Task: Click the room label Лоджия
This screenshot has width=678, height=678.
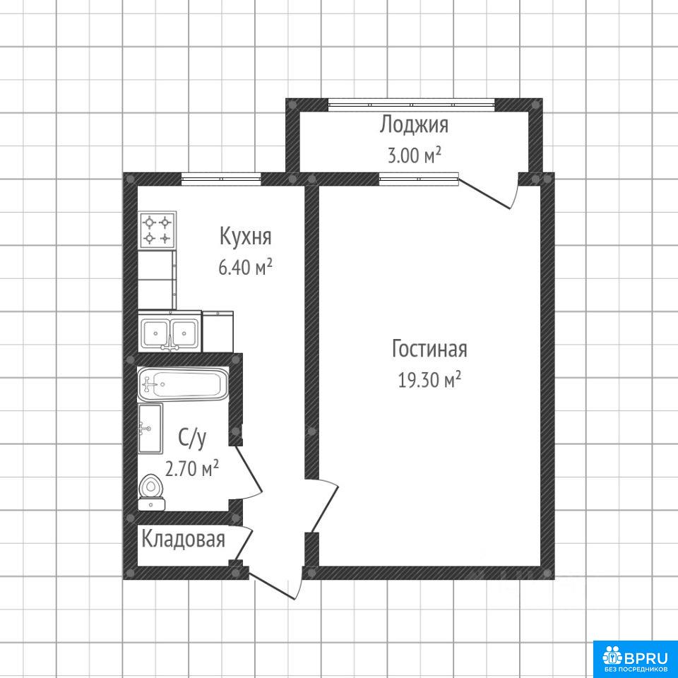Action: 414,125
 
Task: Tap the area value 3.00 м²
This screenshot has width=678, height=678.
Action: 414,155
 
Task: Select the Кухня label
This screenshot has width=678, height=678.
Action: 245,237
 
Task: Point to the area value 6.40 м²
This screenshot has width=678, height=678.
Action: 245,267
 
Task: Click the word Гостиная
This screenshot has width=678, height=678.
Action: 429,348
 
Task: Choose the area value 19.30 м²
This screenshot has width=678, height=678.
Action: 429,380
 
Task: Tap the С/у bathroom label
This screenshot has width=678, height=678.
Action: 192,438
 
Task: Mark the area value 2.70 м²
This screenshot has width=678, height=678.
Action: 192,468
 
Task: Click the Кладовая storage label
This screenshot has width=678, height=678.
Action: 184,539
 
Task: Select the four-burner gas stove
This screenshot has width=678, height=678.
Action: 157,230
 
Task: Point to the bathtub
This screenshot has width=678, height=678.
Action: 182,383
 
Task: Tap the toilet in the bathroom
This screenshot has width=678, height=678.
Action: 151,492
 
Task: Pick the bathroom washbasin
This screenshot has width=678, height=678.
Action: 150,429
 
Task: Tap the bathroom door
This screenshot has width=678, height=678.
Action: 246,472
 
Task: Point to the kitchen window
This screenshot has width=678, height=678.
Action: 221,179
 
